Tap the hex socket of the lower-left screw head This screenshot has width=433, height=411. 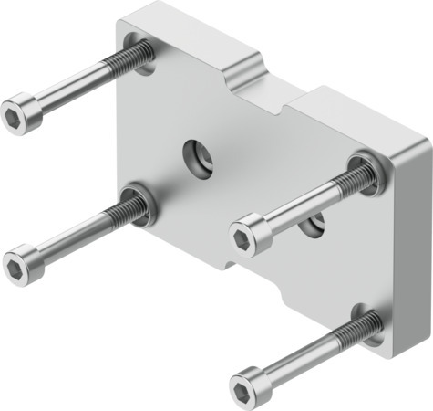[17, 266]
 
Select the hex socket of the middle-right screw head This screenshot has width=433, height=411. [242, 238]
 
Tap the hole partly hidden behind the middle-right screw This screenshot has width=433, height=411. [315, 221]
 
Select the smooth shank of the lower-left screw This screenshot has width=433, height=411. [68, 239]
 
